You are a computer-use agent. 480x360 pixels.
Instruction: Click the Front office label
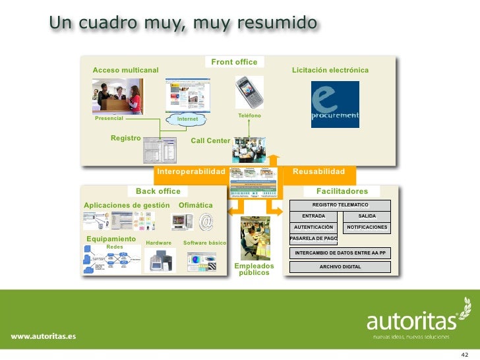tap(234, 62)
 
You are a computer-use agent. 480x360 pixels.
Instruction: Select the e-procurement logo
tap(335, 104)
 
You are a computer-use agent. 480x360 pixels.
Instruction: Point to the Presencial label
tap(109, 119)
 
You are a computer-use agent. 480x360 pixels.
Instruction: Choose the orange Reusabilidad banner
tap(318, 171)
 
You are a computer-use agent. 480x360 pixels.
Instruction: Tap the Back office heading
tap(158, 191)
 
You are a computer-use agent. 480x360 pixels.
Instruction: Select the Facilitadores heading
tap(342, 191)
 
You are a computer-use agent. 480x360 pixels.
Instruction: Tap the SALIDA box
tap(367, 216)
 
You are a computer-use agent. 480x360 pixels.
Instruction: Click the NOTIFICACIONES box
tap(367, 227)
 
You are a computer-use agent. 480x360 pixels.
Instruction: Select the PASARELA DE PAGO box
tap(313, 238)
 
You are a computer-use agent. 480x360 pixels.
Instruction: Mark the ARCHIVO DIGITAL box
tap(340, 267)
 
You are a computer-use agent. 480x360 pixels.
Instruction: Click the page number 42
tap(464, 353)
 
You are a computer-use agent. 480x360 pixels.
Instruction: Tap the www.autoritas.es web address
tap(43, 336)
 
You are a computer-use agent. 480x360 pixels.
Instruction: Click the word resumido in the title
tap(276, 24)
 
